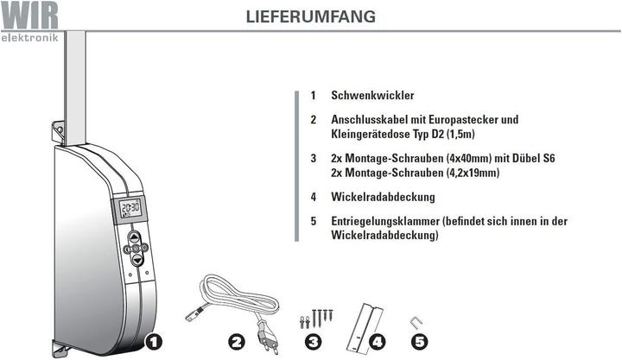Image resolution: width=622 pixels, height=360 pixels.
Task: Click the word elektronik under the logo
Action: pyautogui.click(x=29, y=38)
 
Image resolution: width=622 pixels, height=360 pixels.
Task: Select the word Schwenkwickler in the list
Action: pyautogui.click(x=372, y=96)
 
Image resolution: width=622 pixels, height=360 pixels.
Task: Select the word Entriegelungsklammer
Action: pyautogui.click(x=384, y=221)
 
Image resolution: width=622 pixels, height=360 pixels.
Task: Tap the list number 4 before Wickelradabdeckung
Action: pyautogui.click(x=314, y=197)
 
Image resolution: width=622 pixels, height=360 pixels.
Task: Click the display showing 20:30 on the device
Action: pyautogui.click(x=130, y=208)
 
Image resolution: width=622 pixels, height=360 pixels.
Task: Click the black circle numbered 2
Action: pyautogui.click(x=236, y=342)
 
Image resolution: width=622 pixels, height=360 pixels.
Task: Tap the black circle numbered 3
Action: pyautogui.click(x=313, y=342)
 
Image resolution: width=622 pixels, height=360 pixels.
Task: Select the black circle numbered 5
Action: pyautogui.click(x=419, y=342)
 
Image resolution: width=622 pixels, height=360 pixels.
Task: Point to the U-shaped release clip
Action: pyautogui.click(x=416, y=322)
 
